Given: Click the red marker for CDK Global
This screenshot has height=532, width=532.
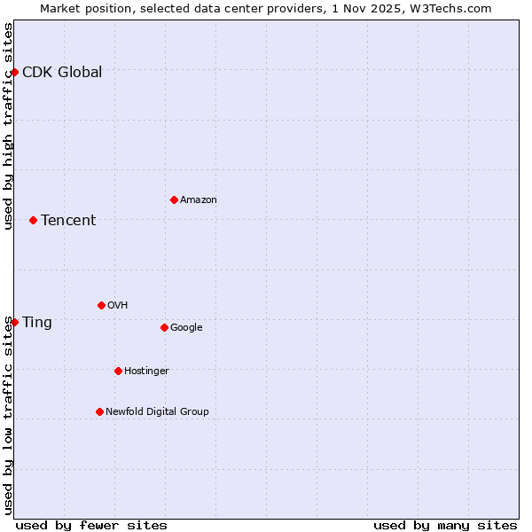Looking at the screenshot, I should coord(14,72).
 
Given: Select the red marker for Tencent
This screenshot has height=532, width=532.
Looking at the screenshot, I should coord(33,220).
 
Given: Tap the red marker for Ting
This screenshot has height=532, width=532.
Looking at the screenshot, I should coord(14,322).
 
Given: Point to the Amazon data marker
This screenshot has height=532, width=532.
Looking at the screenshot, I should coord(174,199).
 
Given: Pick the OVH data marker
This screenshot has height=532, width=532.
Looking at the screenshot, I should coord(101,305).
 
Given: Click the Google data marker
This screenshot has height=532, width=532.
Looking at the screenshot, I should coord(164,327).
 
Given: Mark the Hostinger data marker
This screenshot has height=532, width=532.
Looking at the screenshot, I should coord(118,371).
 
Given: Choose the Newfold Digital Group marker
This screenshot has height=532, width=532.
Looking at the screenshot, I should coord(99,411).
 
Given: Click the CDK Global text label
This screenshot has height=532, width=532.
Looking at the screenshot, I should coord(62,73).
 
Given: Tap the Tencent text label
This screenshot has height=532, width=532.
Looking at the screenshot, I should coord(68,221).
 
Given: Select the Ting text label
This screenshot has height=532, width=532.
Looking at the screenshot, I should coord(37,323).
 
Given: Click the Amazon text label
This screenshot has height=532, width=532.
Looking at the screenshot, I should coord(199,200).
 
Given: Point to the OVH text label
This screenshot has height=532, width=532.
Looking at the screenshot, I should coord(118,306).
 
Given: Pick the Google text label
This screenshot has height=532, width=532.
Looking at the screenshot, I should coord(186,328).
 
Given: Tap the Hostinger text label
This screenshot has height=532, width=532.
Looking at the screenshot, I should coord(146,372).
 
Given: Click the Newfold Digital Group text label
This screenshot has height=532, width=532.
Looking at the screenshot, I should coord(157,412).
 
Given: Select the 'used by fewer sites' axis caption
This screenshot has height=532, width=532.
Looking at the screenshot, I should coord(91,525).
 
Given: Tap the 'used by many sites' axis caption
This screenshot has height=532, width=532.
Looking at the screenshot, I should coord(445,525).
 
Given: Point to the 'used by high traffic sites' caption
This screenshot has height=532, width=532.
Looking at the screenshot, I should coord(8,126).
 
